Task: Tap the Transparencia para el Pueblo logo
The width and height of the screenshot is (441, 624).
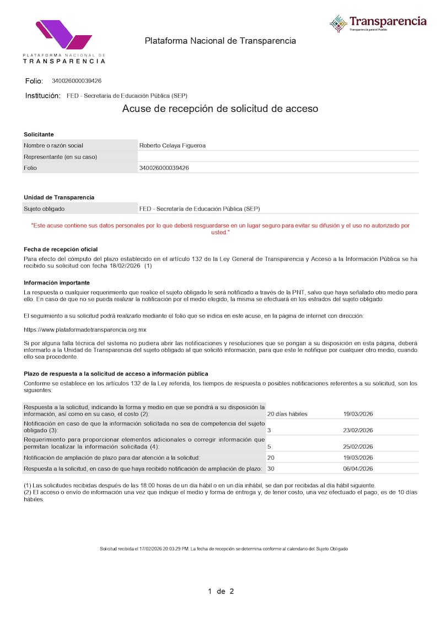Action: point(378,23)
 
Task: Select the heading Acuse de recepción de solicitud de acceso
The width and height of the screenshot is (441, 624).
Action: point(220,109)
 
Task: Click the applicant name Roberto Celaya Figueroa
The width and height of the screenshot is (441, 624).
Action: point(172,146)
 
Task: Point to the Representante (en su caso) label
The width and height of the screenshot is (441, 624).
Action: point(60,157)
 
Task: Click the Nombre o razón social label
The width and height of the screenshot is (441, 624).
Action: point(53,146)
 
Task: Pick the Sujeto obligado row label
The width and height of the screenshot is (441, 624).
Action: point(44,209)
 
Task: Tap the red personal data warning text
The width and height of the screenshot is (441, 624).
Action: point(220,229)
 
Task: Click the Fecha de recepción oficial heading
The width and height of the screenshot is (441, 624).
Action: point(61,250)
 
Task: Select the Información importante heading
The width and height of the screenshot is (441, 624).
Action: point(57,283)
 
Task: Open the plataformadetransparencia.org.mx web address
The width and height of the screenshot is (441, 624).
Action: point(85,330)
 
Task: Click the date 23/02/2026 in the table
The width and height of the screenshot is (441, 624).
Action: point(358,431)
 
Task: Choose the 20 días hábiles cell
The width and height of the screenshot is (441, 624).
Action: point(287,414)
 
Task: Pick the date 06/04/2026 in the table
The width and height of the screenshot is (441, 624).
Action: point(358,469)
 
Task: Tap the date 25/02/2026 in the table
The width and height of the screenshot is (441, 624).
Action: point(358,447)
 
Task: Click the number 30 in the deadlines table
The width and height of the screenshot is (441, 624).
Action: point(271,469)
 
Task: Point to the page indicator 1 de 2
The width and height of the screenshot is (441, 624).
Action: point(220,591)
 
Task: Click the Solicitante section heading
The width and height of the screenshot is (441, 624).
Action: point(39,135)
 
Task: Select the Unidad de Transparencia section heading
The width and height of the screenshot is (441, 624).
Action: point(59,197)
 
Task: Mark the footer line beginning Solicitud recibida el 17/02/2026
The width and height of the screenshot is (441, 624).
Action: point(223,549)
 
